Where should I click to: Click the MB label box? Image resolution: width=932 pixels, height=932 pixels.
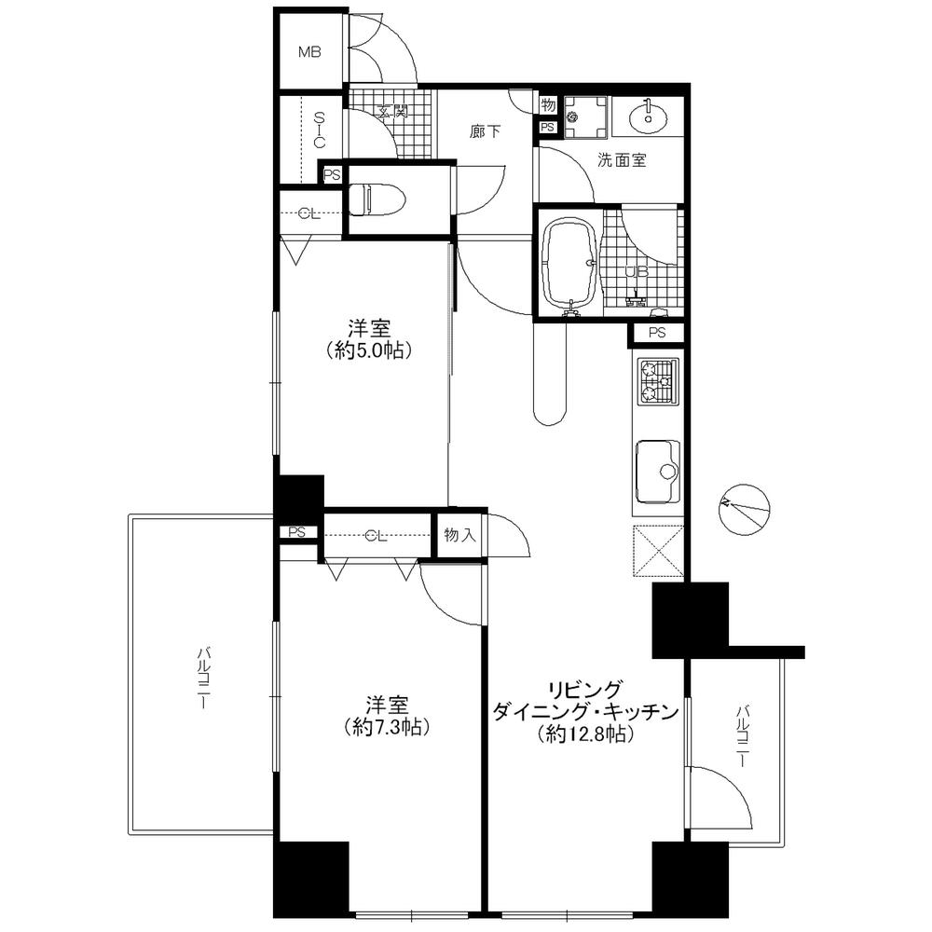309,52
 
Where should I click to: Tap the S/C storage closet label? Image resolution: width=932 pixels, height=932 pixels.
319,131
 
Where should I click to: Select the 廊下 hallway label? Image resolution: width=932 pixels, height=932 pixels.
485,132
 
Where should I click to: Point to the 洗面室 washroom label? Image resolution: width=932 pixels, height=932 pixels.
622,160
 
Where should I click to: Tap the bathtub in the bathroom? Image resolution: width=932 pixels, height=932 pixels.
569,262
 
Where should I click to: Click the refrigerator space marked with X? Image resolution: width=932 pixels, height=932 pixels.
658,552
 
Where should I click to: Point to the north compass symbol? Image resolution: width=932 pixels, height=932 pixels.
746,509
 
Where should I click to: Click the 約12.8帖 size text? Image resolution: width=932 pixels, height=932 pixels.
584,734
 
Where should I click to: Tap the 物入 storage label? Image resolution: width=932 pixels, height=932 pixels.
460,535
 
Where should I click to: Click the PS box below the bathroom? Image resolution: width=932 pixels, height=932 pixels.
657,333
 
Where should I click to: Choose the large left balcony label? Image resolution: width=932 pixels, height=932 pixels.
200,678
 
